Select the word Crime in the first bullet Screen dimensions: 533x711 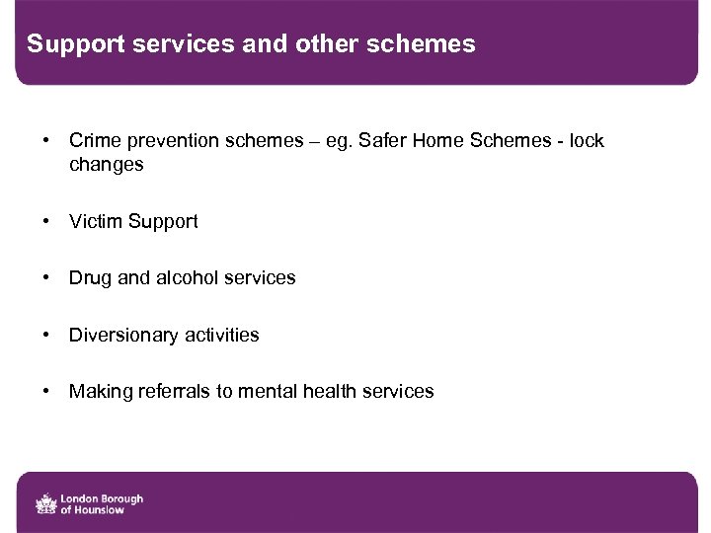click(x=94, y=141)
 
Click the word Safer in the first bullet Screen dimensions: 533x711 click(x=379, y=141)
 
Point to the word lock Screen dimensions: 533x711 click(x=585, y=141)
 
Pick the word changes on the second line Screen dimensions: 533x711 click(x=106, y=165)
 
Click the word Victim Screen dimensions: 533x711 click(x=93, y=222)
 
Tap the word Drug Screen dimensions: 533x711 click(x=90, y=278)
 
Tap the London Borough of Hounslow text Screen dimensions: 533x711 click(x=102, y=503)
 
